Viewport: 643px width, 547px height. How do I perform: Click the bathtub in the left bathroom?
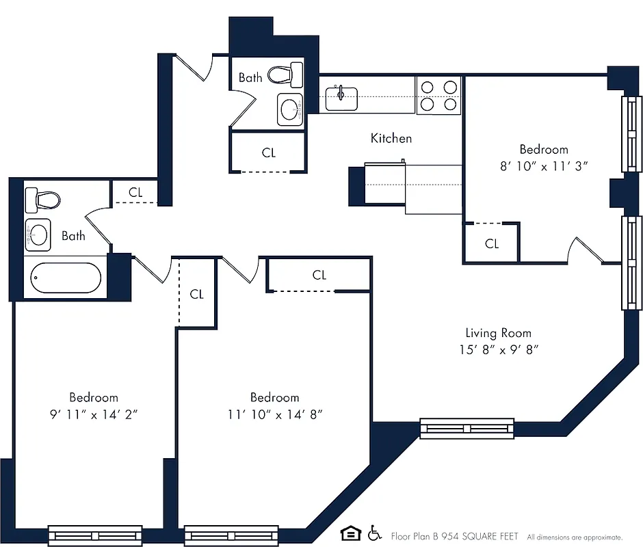66,278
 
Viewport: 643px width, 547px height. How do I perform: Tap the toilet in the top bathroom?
285,73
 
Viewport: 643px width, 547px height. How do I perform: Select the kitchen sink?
341,98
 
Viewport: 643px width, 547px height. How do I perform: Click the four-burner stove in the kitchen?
438,96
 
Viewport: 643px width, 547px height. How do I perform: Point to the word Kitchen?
391,138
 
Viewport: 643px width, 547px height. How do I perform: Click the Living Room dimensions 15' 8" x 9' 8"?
498,350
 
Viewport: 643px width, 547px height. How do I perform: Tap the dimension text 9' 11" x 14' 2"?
94,414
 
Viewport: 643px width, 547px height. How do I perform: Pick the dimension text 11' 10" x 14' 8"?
274,414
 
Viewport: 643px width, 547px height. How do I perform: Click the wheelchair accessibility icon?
374,533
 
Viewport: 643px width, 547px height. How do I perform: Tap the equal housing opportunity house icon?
350,533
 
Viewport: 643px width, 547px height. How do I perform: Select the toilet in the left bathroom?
42,200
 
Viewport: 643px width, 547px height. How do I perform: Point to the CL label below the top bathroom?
269,152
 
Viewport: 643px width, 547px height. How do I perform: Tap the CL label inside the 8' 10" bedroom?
491,243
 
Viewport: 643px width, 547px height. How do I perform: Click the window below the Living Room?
467,428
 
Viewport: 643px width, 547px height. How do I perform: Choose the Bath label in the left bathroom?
74,236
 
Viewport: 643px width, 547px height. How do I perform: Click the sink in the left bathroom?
38,236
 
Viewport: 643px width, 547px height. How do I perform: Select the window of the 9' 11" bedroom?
95,534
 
